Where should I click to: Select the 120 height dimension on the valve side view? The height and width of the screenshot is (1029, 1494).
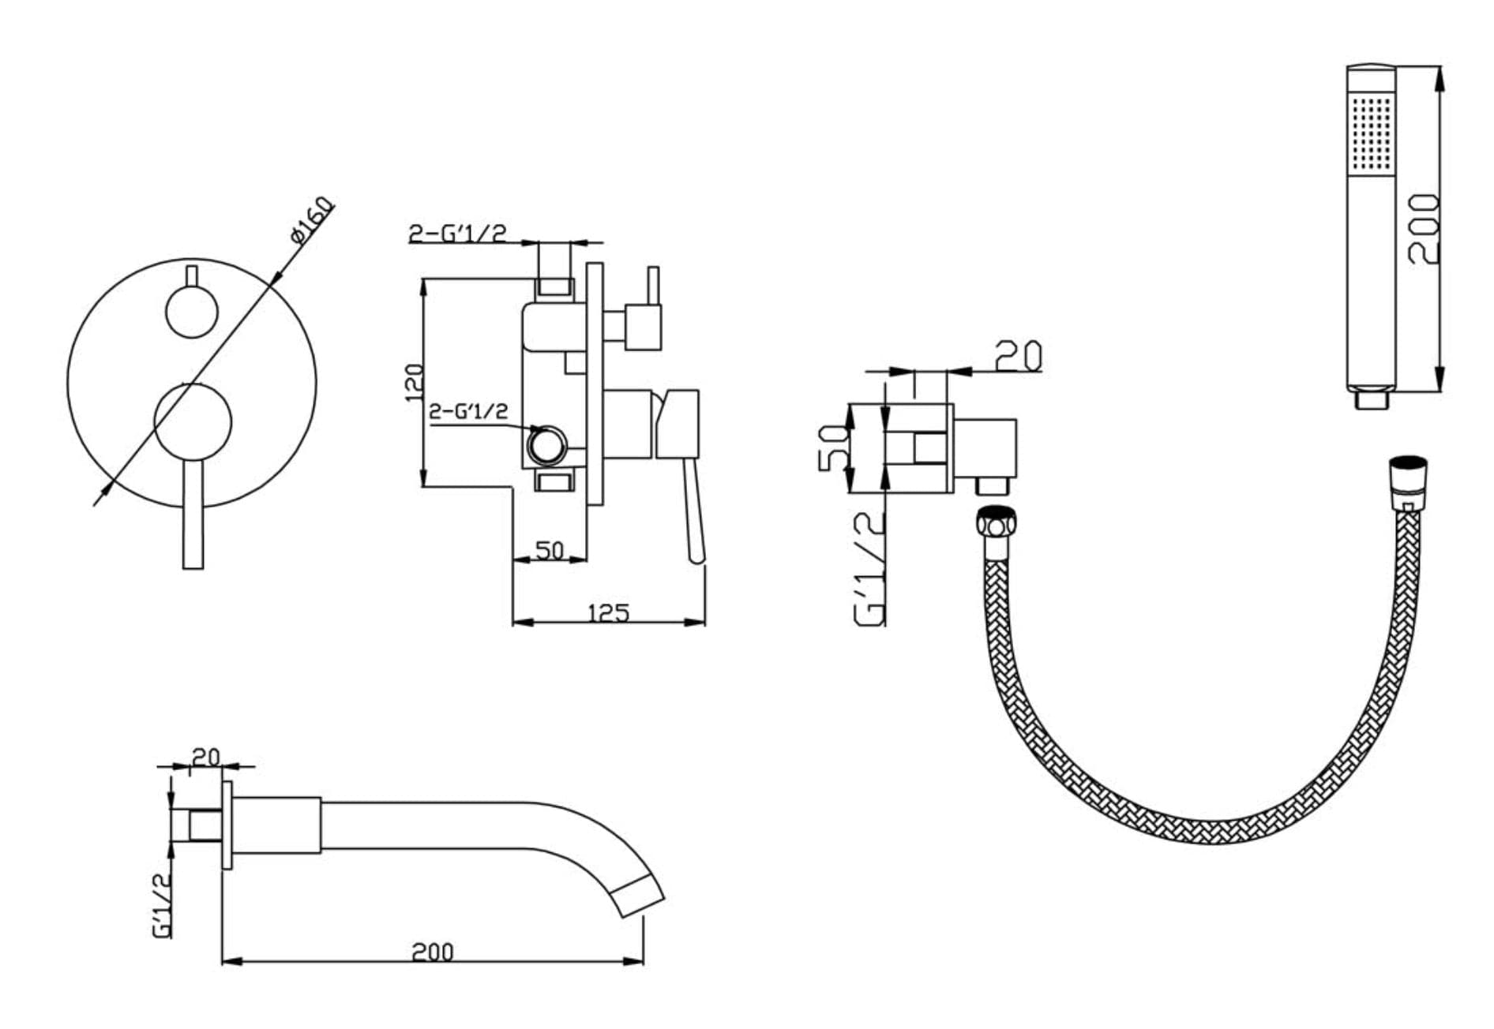[413, 382]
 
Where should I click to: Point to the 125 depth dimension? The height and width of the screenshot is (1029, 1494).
[608, 612]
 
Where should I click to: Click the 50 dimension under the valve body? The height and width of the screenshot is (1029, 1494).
[550, 550]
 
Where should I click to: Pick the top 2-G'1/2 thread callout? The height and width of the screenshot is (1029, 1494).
[457, 233]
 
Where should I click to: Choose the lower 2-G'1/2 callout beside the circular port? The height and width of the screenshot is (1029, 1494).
[468, 411]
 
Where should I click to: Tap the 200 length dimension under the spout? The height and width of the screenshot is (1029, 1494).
[433, 952]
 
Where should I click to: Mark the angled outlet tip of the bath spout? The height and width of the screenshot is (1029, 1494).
[639, 897]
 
